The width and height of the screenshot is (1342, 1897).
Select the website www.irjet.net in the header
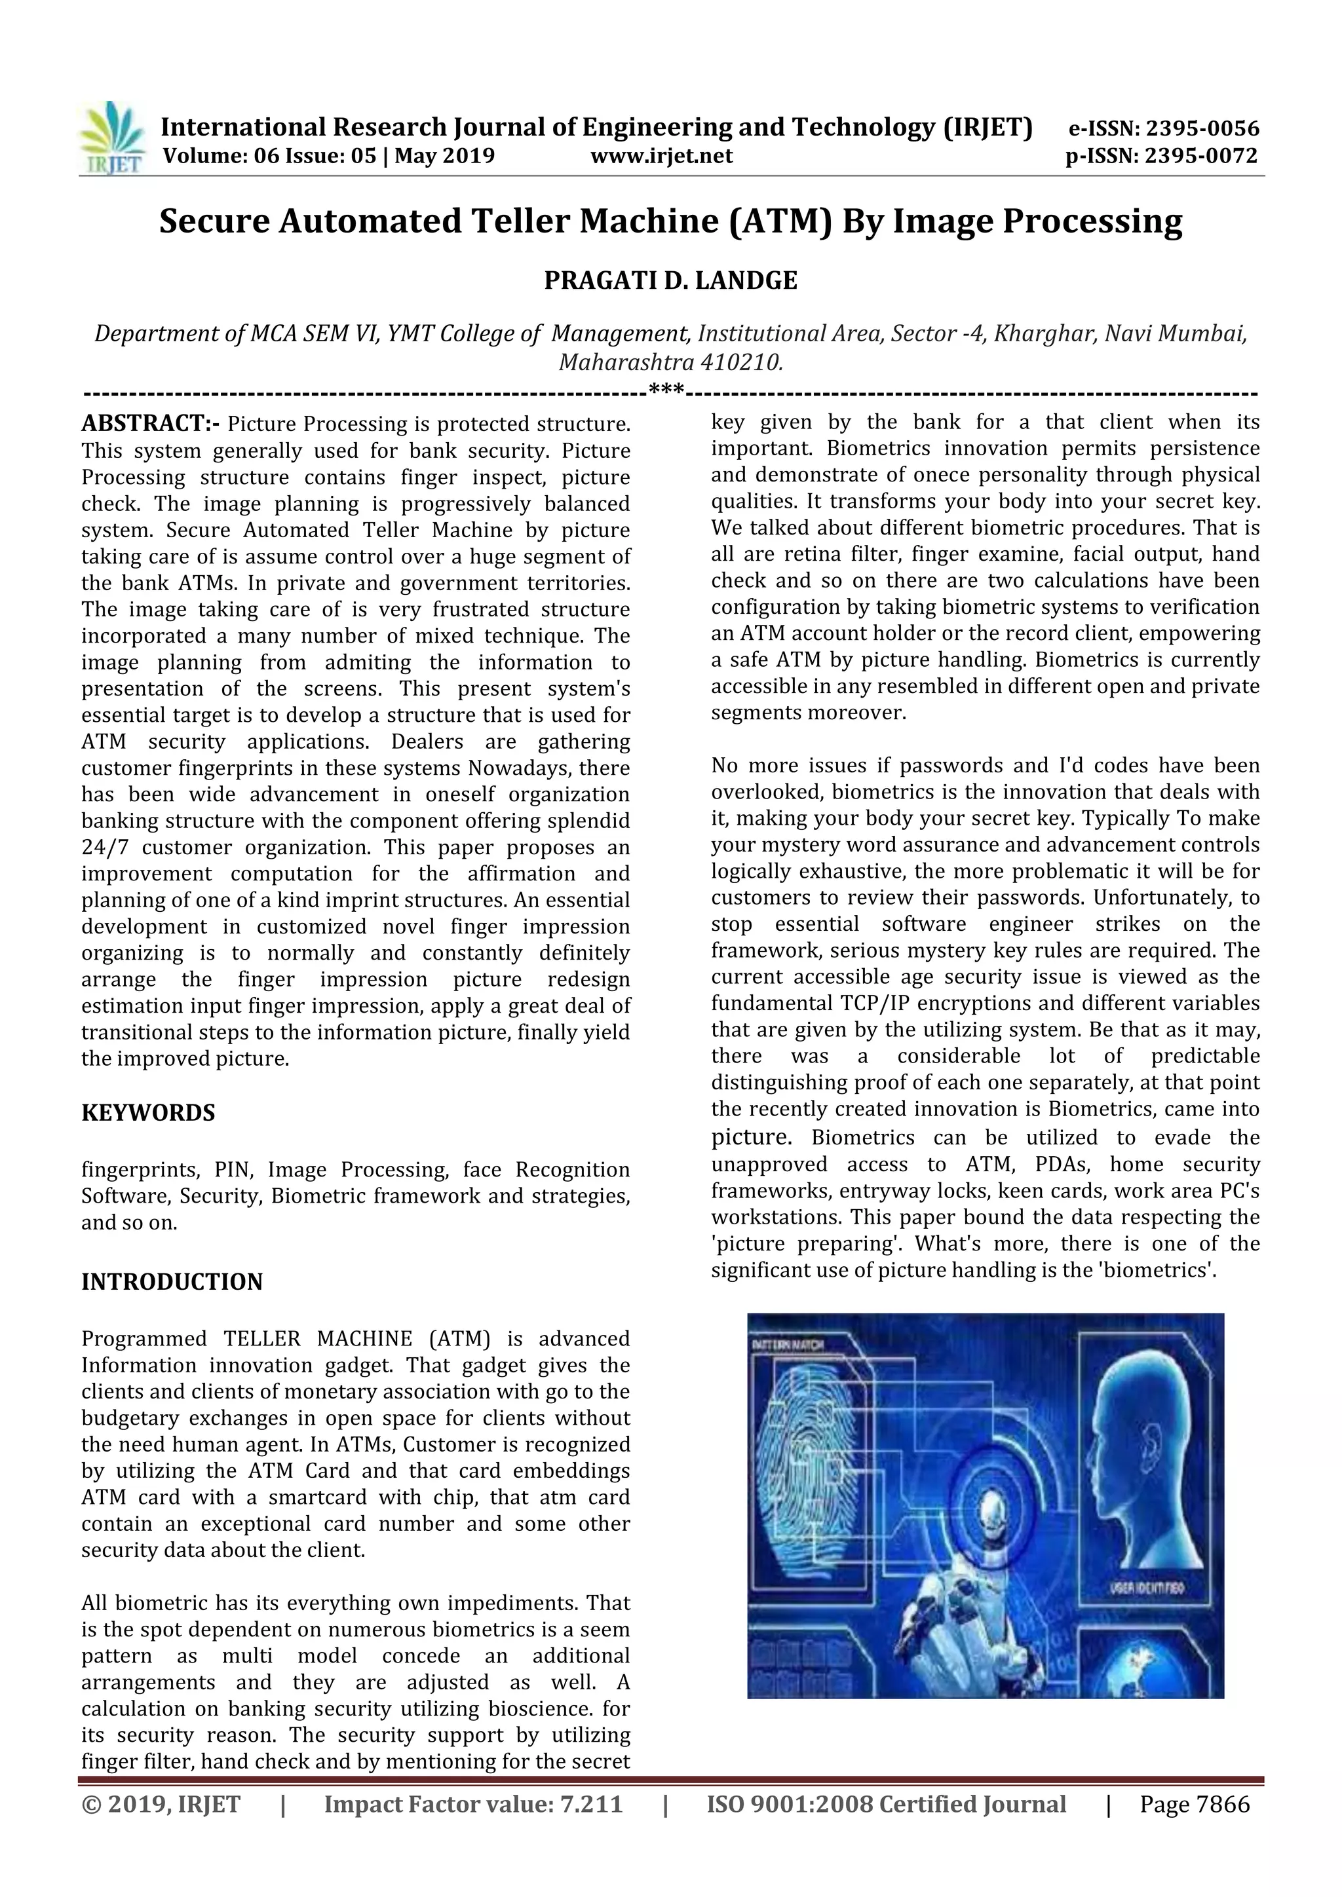(x=661, y=155)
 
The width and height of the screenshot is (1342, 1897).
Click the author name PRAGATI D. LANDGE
(x=670, y=281)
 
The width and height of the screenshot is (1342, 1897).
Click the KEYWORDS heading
(x=148, y=1113)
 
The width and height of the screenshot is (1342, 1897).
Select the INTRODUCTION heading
(x=172, y=1281)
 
